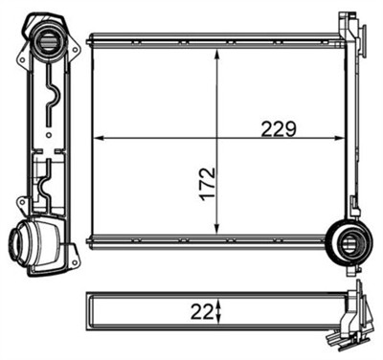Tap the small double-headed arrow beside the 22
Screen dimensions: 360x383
click(x=219, y=309)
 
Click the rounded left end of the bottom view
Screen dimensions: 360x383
click(x=90, y=310)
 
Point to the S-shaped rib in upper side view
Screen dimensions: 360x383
click(x=56, y=101)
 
